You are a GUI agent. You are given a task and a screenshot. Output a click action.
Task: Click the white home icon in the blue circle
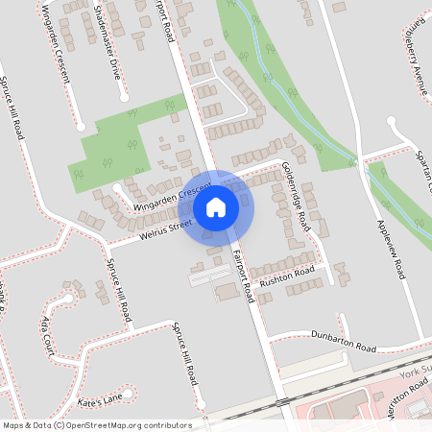(216, 206)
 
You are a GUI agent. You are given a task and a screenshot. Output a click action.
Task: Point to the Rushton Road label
(287, 276)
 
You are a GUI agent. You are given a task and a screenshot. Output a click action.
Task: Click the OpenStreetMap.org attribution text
(125, 425)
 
